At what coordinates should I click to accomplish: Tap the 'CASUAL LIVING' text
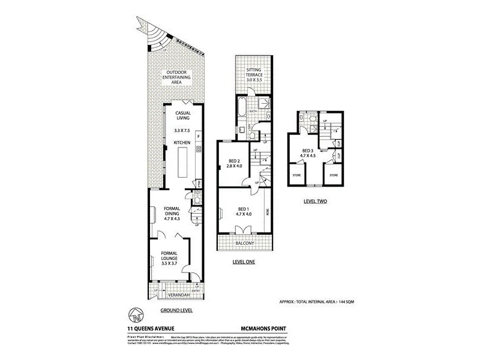(x=182, y=115)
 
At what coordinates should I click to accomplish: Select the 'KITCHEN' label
(x=182, y=142)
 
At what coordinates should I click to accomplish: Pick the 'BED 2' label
(x=235, y=163)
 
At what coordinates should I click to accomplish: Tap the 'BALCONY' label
(x=245, y=243)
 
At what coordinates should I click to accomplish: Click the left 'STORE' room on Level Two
(x=297, y=176)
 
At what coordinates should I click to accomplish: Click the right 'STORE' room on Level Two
(x=334, y=176)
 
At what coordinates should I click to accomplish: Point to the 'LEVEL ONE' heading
(x=244, y=262)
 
